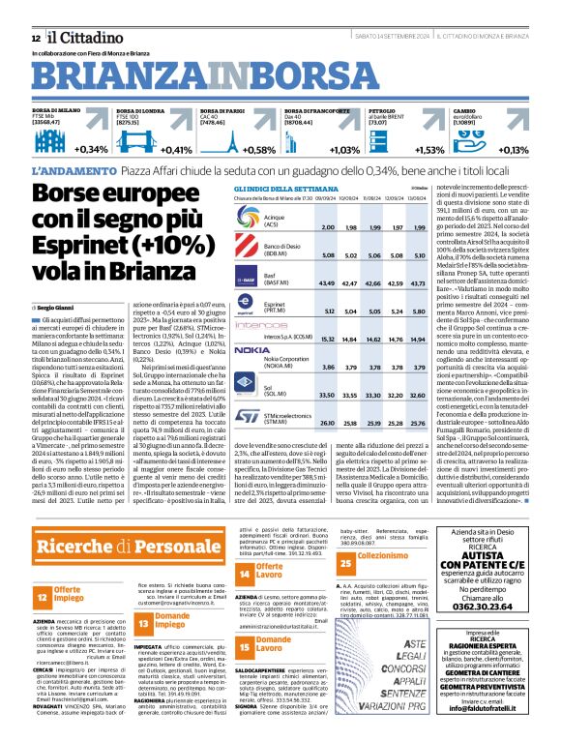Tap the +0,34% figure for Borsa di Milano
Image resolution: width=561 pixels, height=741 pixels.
pos(90,150)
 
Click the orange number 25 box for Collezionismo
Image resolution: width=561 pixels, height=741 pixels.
pos(344,587)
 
